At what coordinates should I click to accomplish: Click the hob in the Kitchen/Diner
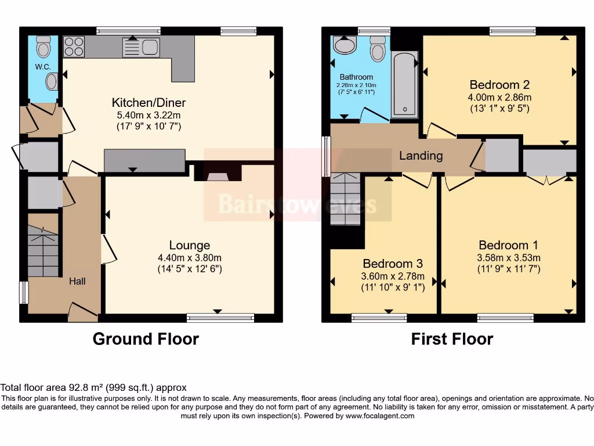[74, 46]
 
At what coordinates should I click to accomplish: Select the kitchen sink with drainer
[141, 48]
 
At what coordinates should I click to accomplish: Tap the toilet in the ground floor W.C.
[44, 46]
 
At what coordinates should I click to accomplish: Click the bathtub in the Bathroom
[404, 84]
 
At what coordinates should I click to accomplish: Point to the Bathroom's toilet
[378, 48]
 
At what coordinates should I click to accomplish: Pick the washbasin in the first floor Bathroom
[345, 45]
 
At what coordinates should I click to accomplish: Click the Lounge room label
[190, 245]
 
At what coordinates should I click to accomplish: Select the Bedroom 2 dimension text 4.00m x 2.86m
[499, 98]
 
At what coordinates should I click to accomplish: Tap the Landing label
[421, 156]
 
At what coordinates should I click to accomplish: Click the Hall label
[77, 281]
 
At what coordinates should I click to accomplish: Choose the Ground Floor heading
[146, 339]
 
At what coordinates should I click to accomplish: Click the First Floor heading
[452, 339]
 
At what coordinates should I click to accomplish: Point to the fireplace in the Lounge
[218, 172]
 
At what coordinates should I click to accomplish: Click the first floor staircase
[345, 199]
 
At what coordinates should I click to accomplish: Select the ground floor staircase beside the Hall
[43, 251]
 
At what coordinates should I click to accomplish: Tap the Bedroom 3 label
[393, 264]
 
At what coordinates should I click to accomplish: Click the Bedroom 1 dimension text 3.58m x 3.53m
[509, 258]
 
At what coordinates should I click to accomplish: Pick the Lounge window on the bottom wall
[220, 318]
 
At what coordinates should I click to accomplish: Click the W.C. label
[43, 67]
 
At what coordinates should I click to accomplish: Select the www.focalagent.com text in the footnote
[379, 416]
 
